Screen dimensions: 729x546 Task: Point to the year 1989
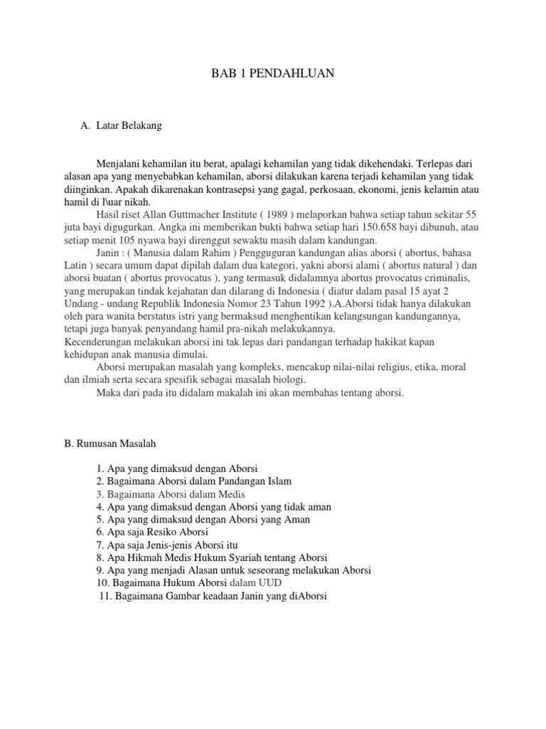click(306, 214)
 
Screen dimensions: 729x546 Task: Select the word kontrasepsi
click(248, 189)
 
